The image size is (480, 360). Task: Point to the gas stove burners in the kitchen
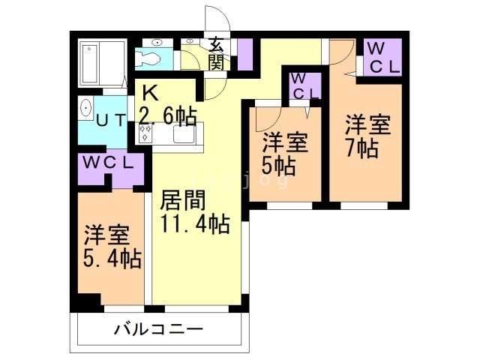tap(145, 133)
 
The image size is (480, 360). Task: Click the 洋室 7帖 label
tap(367, 135)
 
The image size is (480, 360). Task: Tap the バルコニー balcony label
tap(159, 328)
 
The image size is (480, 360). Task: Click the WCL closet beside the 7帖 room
tap(382, 57)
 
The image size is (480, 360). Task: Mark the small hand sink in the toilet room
tap(189, 42)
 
